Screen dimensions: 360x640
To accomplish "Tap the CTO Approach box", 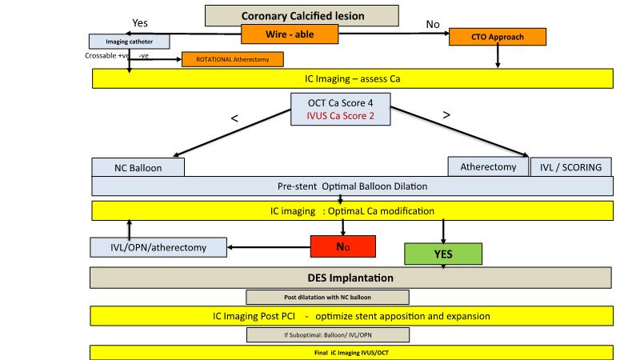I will (497, 37).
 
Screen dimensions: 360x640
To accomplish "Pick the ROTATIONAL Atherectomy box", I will (233, 59).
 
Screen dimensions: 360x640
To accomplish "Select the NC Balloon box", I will (138, 167).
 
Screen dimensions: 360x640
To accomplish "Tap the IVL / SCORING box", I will (571, 166).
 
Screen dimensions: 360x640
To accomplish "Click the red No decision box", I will (343, 247).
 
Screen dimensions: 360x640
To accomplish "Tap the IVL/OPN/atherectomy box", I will (158, 247).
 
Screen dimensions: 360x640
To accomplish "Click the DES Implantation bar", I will (351, 278).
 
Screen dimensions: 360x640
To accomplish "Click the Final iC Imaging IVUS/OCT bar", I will (351, 352).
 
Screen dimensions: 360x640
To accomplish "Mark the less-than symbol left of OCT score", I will (234, 118).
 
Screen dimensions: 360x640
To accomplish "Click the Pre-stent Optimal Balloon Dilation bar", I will (351, 186).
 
